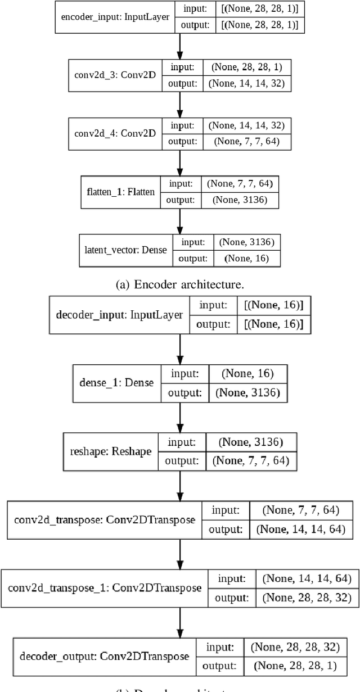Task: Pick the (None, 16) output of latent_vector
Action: pos(246,259)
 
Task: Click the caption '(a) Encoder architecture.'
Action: pos(179,284)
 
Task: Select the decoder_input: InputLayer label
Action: pos(120,314)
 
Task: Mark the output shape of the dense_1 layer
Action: pos(248,392)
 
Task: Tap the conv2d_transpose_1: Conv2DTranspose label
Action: pos(104,588)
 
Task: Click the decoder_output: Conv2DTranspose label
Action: pos(104,656)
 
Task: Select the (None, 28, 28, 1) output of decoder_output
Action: pos(295,666)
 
